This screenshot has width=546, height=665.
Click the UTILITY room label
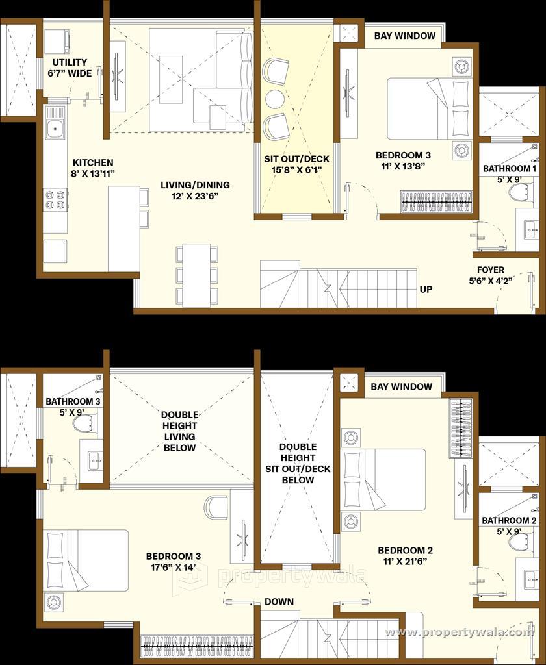[70, 62]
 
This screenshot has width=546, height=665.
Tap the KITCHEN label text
[93, 162]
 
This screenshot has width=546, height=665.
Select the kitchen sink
[56, 128]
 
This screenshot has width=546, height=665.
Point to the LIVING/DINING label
[195, 185]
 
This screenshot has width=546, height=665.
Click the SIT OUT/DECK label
[297, 159]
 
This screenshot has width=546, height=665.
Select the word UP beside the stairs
[426, 289]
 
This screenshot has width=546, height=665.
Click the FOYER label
[490, 270]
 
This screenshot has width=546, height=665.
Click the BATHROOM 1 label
[510, 168]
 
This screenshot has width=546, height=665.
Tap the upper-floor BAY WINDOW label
[401, 386]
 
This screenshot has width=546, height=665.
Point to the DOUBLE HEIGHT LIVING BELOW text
[179, 431]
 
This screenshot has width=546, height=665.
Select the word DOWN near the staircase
[279, 601]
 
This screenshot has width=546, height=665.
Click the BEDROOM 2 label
[405, 551]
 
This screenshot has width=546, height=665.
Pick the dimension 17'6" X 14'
[174, 568]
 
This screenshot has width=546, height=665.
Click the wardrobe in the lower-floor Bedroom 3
[198, 646]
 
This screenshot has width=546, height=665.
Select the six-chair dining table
[197, 275]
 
